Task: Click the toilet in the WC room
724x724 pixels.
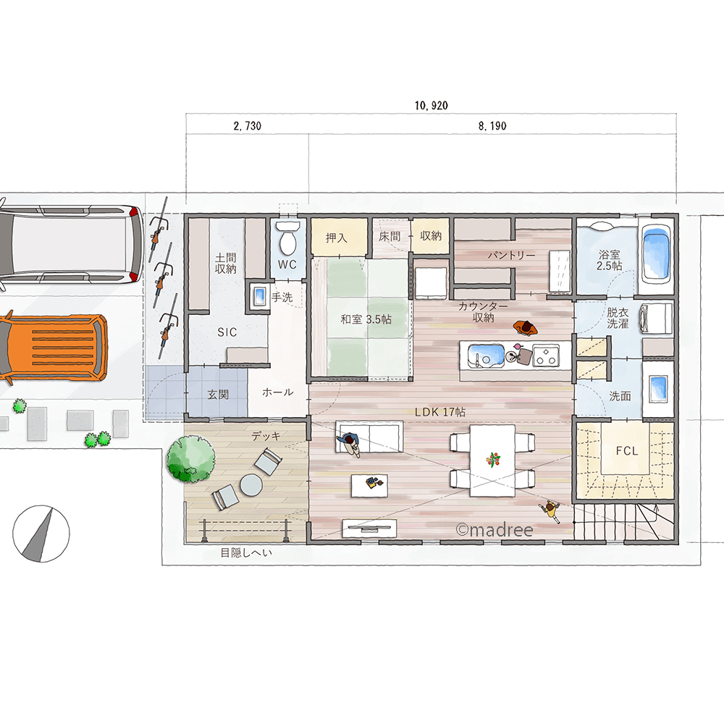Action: click(287, 238)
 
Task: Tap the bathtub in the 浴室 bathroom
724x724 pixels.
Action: click(656, 256)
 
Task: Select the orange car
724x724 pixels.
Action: click(53, 348)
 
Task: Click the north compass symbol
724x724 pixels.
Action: click(41, 534)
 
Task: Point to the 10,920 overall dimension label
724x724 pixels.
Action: click(432, 106)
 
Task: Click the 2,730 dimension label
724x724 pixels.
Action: click(248, 126)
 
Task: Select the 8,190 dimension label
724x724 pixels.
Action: click(492, 126)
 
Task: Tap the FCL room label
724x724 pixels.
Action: click(626, 450)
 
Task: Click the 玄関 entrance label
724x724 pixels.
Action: click(218, 395)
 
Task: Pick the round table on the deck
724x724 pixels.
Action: click(251, 486)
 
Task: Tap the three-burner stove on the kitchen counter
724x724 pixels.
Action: click(546, 355)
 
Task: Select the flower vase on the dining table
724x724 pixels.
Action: click(493, 460)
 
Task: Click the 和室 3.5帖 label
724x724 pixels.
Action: click(366, 319)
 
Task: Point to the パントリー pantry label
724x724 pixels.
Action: click(511, 256)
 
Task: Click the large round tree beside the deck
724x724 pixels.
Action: click(190, 460)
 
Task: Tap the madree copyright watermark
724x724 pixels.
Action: click(494, 530)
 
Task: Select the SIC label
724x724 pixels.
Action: click(227, 332)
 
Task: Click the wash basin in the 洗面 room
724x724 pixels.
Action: click(658, 387)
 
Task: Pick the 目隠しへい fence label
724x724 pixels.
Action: click(246, 552)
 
